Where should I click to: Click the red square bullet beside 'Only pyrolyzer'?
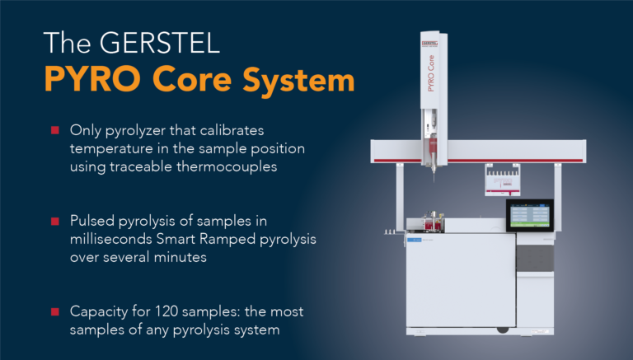(55, 130)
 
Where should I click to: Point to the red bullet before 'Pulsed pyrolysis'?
(55, 222)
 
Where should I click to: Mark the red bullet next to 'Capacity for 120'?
(55, 312)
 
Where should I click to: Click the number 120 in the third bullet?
(177, 311)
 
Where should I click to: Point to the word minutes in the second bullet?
(181, 257)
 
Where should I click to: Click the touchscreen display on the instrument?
(528, 214)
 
